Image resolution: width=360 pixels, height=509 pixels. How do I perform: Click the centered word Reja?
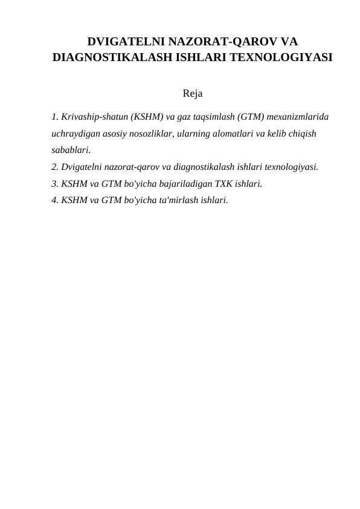[x=192, y=94]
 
